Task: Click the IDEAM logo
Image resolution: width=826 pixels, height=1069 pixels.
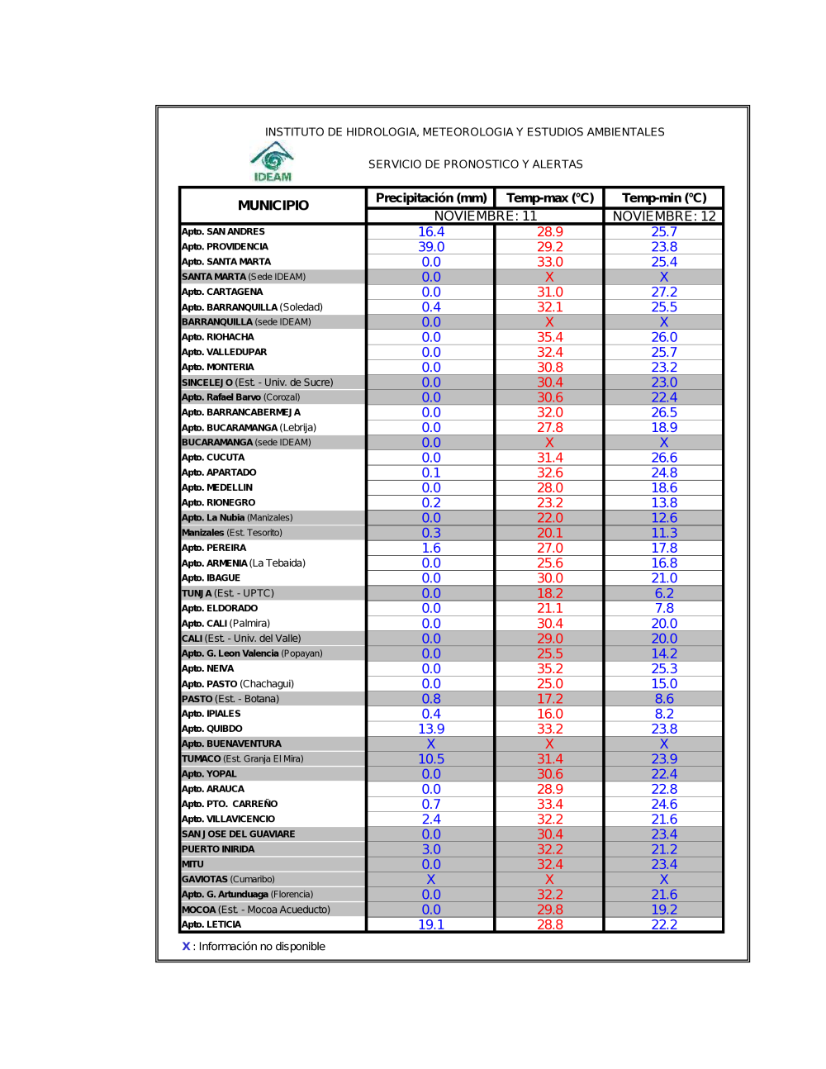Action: [x=273, y=161]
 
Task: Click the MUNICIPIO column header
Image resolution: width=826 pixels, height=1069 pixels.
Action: [x=273, y=205]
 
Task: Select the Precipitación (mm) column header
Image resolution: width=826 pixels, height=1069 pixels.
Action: [x=431, y=197]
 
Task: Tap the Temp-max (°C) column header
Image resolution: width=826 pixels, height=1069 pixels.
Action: [x=550, y=197]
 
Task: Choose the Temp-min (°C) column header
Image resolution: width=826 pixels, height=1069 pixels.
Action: [x=664, y=197]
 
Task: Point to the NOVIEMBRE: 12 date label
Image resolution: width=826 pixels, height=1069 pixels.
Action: [x=664, y=216]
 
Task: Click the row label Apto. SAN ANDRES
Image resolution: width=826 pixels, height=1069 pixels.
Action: [x=223, y=231]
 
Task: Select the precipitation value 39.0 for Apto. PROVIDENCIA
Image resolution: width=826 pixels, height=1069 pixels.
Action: [x=431, y=246]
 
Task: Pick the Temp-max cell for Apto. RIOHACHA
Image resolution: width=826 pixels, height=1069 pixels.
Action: [x=550, y=337]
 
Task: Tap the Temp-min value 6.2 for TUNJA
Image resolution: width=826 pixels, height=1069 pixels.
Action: [x=664, y=593]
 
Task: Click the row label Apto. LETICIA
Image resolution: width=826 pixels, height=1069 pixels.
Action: [x=211, y=924]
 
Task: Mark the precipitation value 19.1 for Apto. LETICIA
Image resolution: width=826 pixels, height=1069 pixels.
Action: [x=431, y=924]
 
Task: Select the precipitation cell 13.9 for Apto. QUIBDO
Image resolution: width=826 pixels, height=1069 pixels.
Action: [x=431, y=729]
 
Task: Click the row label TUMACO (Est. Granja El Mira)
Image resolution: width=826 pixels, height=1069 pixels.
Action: [x=243, y=758]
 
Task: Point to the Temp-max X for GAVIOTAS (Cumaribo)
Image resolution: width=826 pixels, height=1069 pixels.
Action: [x=550, y=879]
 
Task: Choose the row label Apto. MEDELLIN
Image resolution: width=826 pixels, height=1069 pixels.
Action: [x=217, y=487]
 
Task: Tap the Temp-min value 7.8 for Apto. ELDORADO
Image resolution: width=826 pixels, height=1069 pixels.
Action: [x=664, y=608]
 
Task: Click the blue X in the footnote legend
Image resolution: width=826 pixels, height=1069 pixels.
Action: [x=186, y=946]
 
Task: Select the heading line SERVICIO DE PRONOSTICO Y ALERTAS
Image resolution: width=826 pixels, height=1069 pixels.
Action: [x=476, y=164]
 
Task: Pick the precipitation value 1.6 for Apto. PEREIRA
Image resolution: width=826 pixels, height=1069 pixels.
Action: [x=431, y=548]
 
